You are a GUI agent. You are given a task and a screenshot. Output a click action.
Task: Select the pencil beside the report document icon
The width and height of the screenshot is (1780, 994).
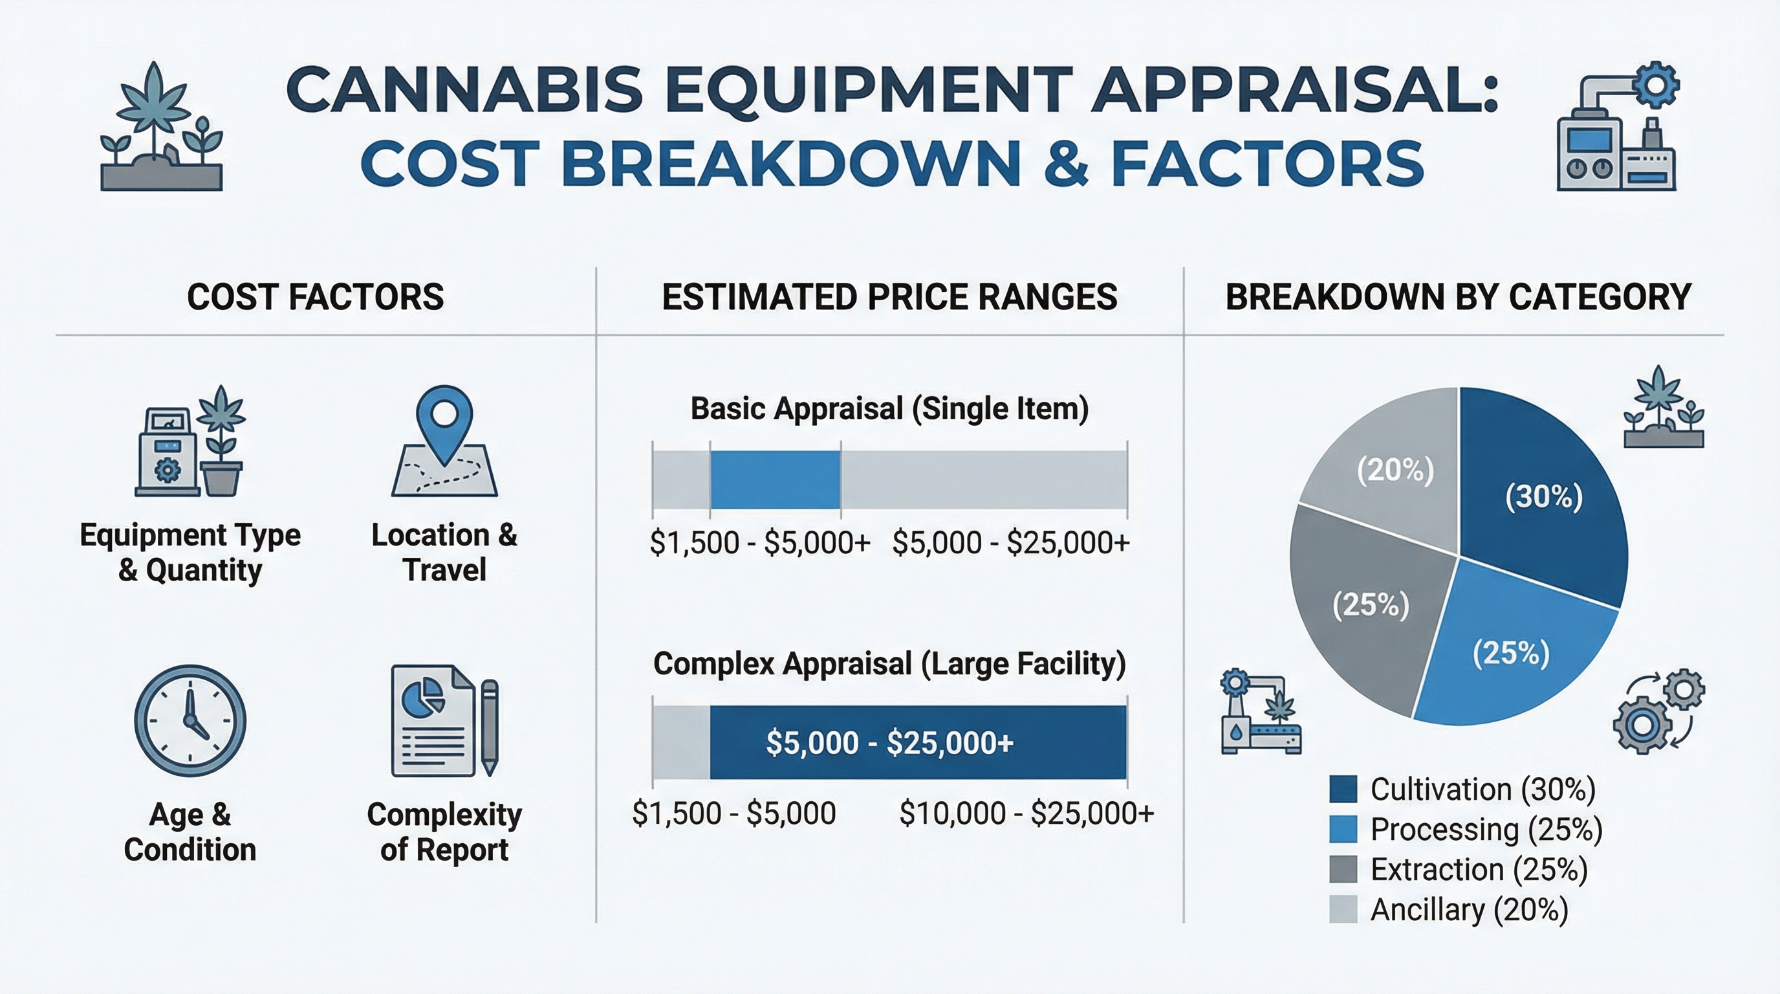point(489,726)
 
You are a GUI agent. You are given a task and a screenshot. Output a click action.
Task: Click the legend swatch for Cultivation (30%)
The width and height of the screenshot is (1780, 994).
point(1343,789)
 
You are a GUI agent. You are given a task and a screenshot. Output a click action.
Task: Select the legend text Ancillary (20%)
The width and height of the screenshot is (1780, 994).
point(1469,910)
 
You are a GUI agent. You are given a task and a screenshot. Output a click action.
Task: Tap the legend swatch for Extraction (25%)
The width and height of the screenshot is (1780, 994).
point(1343,869)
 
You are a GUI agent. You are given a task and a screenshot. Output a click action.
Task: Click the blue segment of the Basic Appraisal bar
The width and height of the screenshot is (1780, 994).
point(775,480)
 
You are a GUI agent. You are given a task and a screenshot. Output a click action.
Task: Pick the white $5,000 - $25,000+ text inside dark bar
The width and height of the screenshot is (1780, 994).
point(889,742)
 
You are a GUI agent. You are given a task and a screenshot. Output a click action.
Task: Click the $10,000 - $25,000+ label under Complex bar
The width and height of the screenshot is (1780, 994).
point(1026,813)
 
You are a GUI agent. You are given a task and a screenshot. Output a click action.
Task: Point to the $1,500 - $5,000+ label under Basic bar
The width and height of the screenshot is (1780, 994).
point(759,542)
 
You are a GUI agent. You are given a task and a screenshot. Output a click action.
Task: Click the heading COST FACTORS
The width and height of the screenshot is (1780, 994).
point(315,297)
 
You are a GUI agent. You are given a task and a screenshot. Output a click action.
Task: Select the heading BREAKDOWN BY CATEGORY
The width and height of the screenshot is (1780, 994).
point(1458,297)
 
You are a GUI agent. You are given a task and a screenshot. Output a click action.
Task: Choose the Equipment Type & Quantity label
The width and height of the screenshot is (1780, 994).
point(190,552)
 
